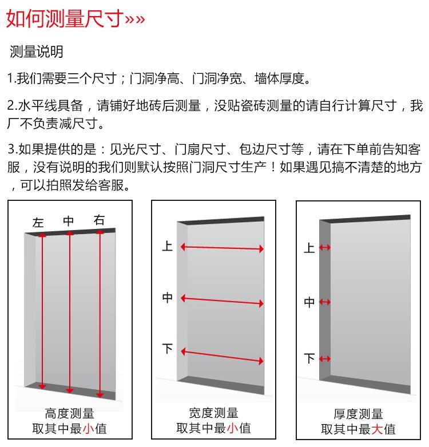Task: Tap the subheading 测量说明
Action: coord(36,52)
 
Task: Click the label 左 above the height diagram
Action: coord(38,223)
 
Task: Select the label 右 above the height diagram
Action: coord(99,220)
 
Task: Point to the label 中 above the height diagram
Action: coord(69,221)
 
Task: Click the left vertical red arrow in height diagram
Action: coord(42,311)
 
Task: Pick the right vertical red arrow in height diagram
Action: coord(100,314)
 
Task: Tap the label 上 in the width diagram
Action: coord(167,246)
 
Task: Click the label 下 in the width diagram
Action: coord(168,349)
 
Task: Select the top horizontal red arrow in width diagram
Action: coord(222,248)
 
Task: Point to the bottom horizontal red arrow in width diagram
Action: coord(222,357)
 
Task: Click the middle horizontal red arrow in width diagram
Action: coord(222,301)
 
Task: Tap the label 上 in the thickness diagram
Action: coord(309,247)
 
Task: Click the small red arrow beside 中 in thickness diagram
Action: coord(325,302)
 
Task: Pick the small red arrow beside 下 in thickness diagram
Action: coord(325,359)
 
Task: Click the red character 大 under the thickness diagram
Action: coord(376,429)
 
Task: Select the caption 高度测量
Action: coord(70,413)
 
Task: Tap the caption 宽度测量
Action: coord(214,413)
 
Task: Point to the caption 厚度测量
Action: coord(358,414)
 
